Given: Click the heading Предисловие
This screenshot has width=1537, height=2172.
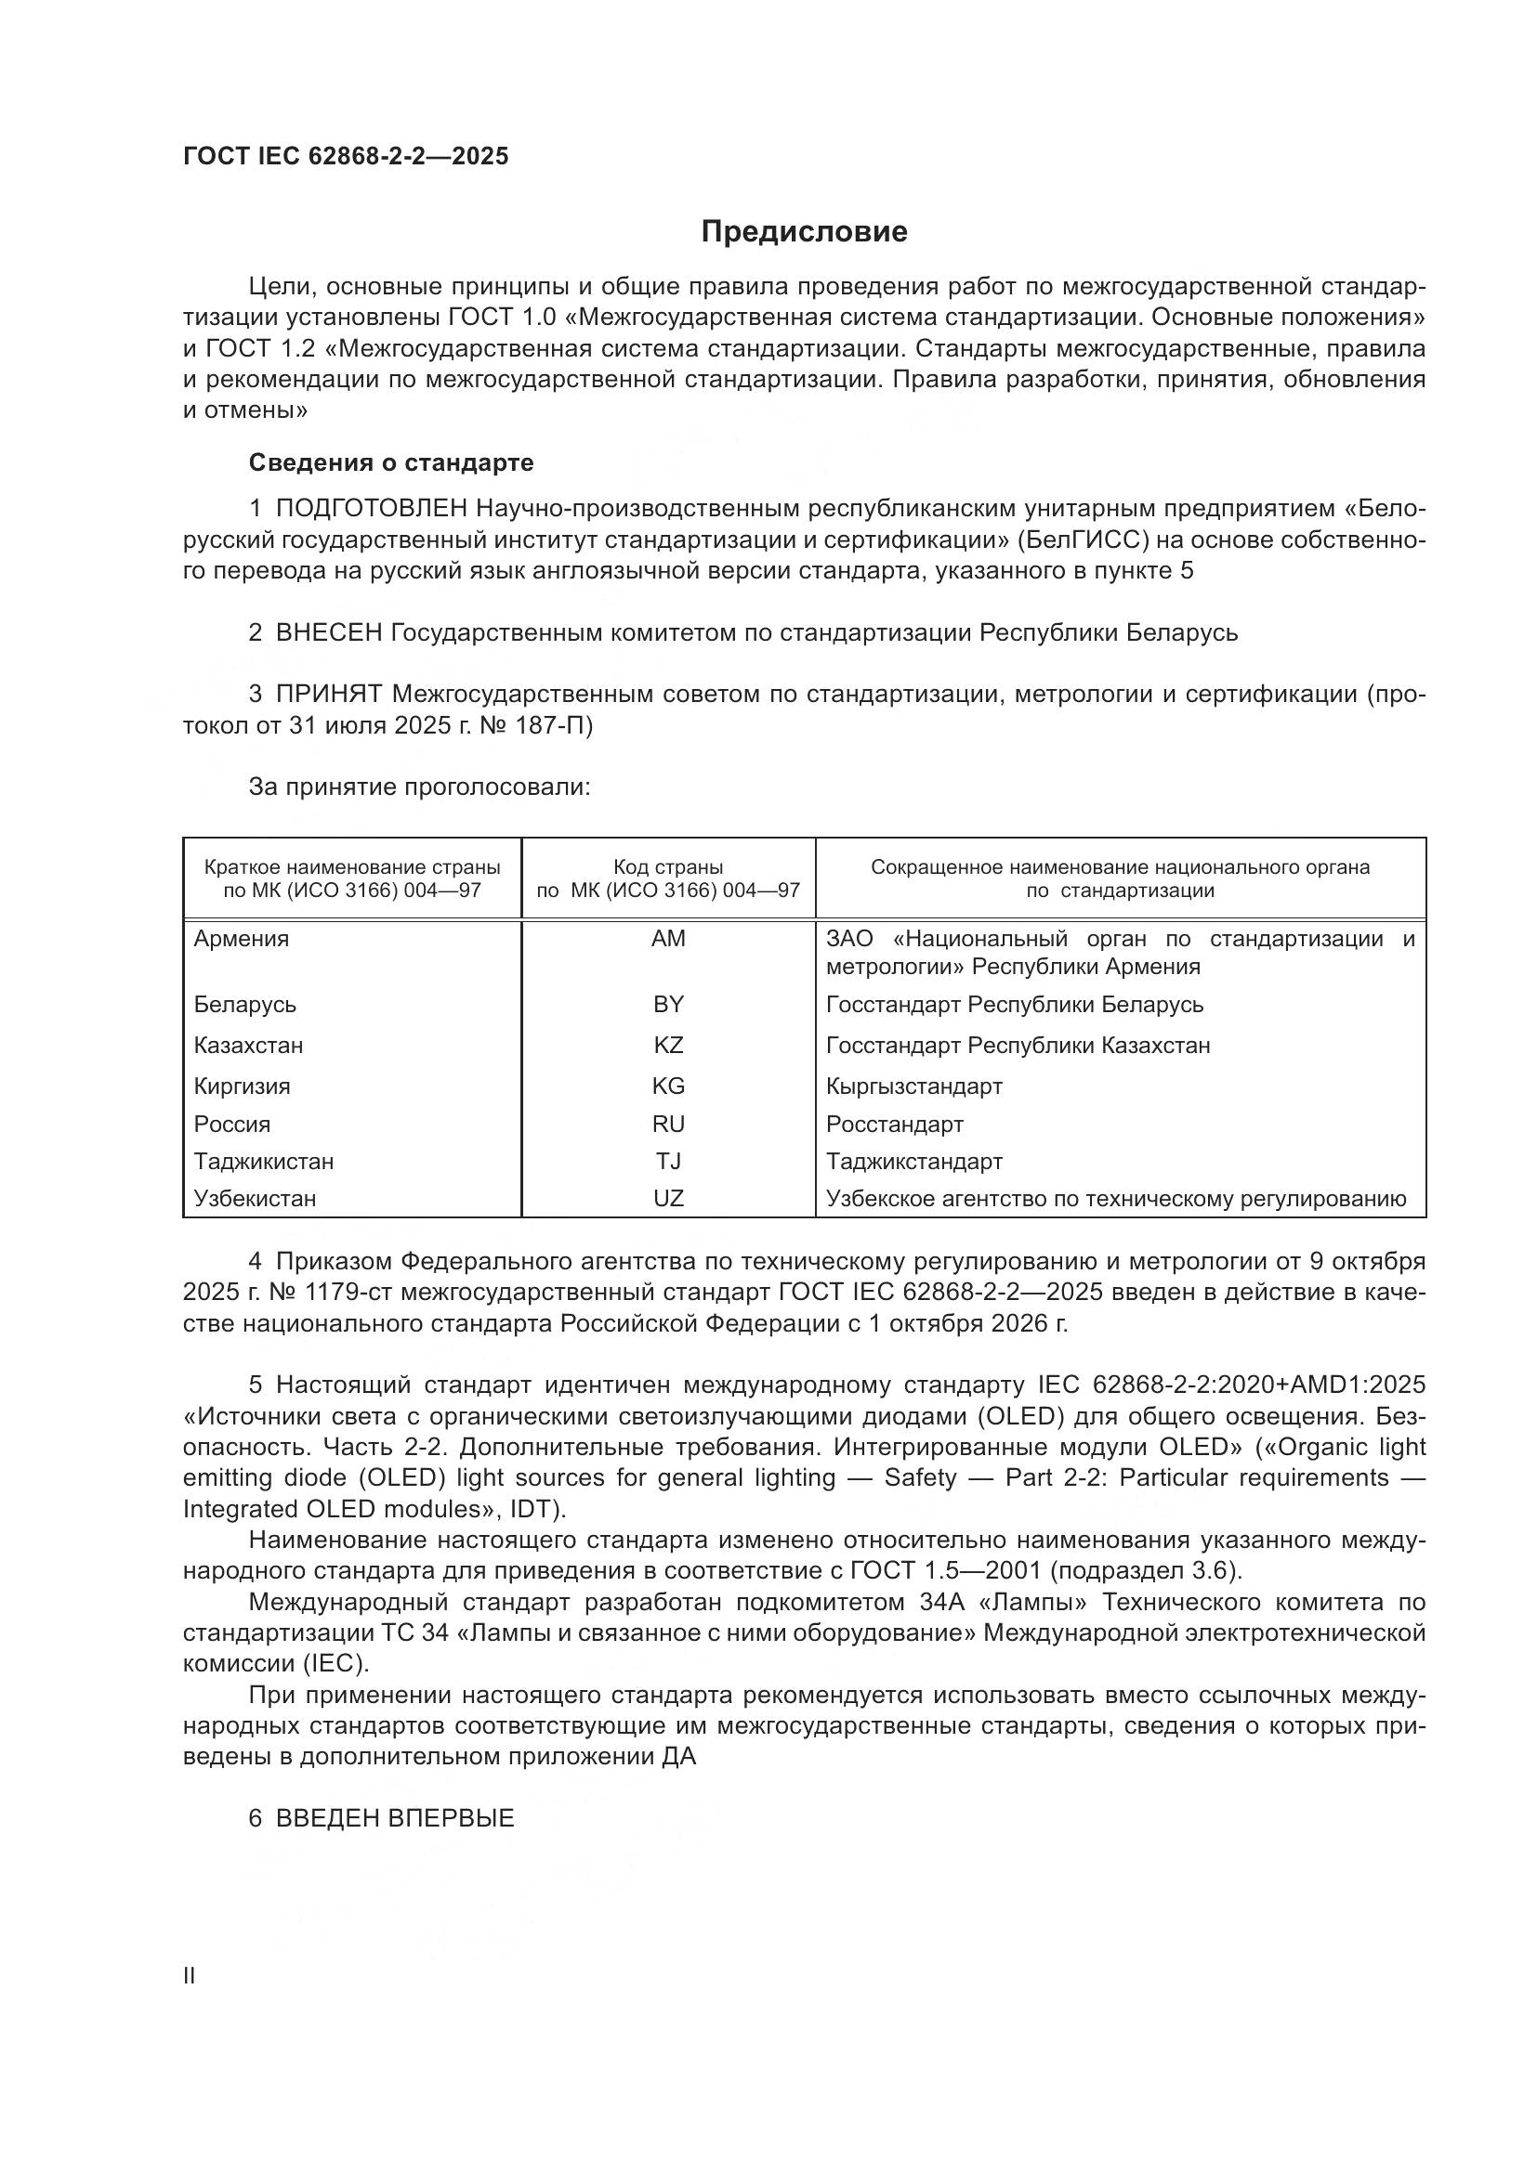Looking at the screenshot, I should [804, 232].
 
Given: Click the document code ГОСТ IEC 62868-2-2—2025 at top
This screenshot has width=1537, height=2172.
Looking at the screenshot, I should [346, 156].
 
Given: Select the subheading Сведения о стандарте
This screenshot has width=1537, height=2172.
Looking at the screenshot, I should [391, 462].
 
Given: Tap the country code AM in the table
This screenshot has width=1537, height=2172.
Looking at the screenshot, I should [668, 939].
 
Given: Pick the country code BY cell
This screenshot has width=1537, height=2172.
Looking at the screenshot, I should [668, 1004].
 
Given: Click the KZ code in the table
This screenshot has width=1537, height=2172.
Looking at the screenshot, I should [668, 1046].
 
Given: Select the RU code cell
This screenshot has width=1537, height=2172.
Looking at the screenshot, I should [668, 1124].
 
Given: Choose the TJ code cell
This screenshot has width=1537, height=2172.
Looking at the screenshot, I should [668, 1161].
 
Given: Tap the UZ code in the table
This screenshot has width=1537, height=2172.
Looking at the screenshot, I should [668, 1199].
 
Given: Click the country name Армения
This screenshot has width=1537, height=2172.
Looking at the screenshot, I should [242, 939].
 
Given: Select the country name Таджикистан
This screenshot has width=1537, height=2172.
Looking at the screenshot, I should [263, 1161].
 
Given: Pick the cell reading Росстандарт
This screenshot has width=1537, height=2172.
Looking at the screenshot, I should [894, 1124].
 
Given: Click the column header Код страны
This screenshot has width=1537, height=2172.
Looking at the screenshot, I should [668, 867].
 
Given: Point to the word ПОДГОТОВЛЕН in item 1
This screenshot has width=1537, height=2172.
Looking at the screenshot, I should [371, 509].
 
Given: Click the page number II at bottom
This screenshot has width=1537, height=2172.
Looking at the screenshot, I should [190, 1976].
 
